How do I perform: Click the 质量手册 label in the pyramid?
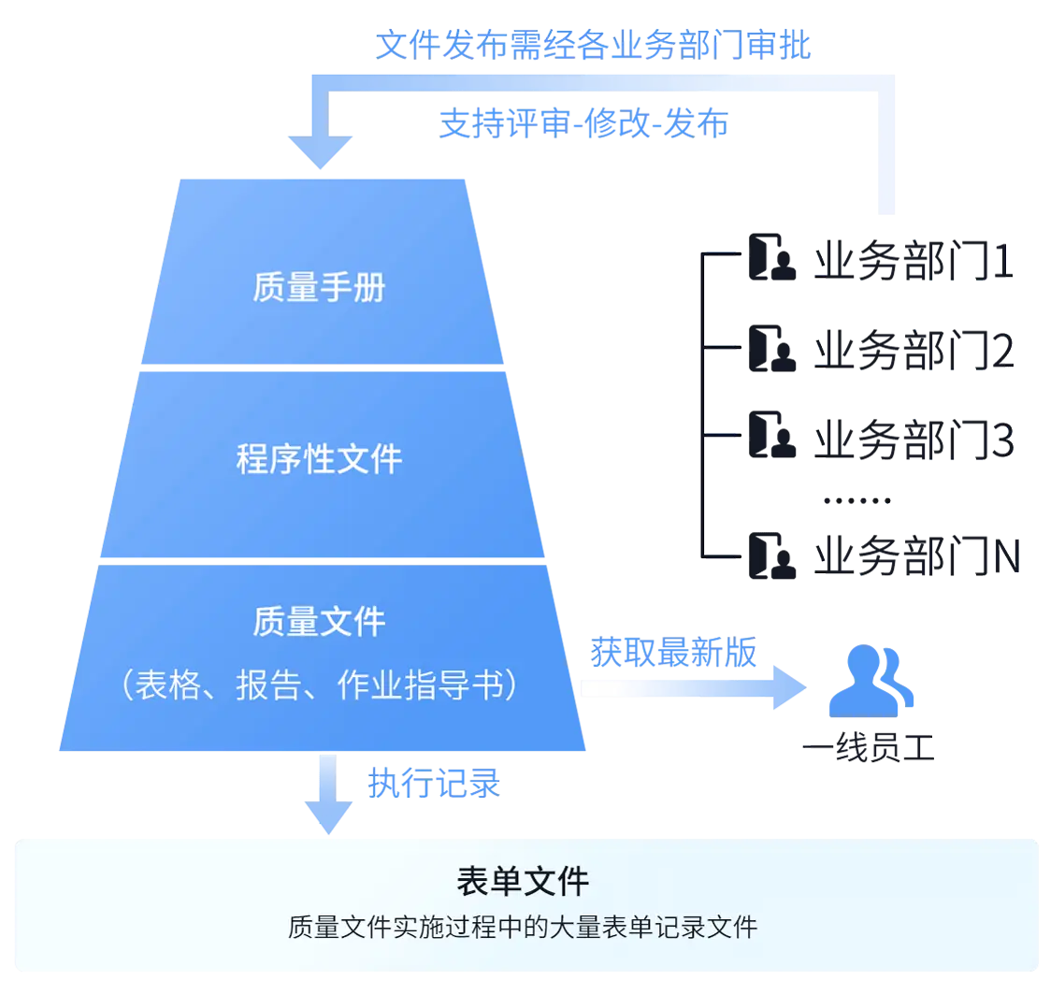click(x=318, y=288)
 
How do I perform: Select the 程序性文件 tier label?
click(x=319, y=459)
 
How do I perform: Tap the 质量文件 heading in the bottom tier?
click(x=319, y=622)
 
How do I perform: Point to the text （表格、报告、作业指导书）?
click(x=319, y=685)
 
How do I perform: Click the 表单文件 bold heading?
click(x=523, y=881)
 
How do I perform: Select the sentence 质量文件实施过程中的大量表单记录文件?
click(x=523, y=928)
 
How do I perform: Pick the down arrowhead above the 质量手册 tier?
click(x=320, y=150)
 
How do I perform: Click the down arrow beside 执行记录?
click(x=326, y=795)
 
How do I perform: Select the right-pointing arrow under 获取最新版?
click(x=692, y=688)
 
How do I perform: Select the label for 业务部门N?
click(x=916, y=555)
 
